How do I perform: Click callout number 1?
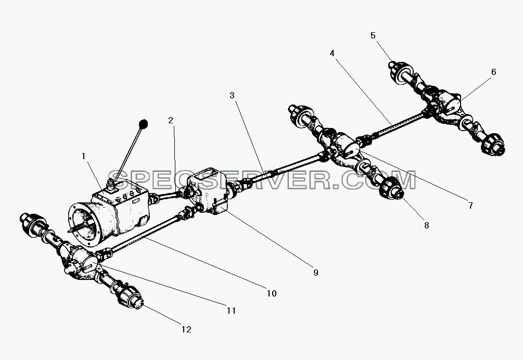pyautogui.click(x=84, y=156)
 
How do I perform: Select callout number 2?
pyautogui.click(x=171, y=120)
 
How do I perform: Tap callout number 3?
pyautogui.click(x=232, y=95)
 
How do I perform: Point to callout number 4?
pyautogui.click(x=332, y=54)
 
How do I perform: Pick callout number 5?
pyautogui.click(x=373, y=35)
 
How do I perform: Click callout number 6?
pyautogui.click(x=494, y=72)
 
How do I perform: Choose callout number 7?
pyautogui.click(x=470, y=205)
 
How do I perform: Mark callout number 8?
pyautogui.click(x=427, y=225)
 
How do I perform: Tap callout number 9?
pyautogui.click(x=316, y=273)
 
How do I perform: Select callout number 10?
pyautogui.click(x=272, y=293)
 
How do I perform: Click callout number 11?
pyautogui.click(x=231, y=311)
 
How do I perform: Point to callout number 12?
pyautogui.click(x=186, y=329)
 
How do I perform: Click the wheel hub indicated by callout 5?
pyautogui.click(x=401, y=71)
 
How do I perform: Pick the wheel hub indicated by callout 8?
pyautogui.click(x=391, y=188)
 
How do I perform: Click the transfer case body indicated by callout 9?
pyautogui.click(x=208, y=190)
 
